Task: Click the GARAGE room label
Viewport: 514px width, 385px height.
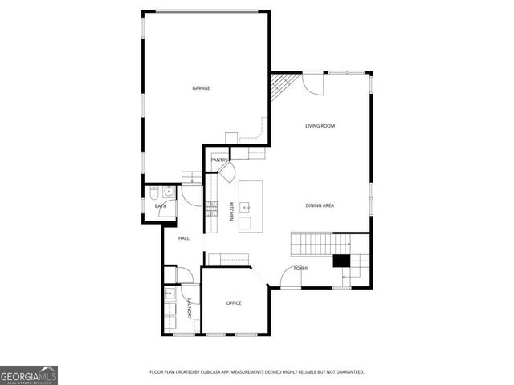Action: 201,88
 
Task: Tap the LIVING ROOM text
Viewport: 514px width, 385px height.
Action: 320,126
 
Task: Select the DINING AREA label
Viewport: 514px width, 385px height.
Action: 320,206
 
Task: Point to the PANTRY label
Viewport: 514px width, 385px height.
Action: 219,160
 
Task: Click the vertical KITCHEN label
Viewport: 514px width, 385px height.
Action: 231,211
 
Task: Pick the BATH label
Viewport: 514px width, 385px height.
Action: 161,207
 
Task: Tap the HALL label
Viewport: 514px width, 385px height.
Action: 183,238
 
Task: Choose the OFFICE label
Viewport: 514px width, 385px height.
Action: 234,303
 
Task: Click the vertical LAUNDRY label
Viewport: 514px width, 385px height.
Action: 190,309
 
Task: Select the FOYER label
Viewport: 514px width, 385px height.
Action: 300,269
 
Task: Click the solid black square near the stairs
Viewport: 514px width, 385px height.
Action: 341,261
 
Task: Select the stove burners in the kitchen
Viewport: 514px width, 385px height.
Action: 211,210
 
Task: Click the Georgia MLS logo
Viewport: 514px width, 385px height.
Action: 29,375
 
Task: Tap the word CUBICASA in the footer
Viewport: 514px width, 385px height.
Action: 222,372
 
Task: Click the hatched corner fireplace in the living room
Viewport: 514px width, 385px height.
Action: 281,84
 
